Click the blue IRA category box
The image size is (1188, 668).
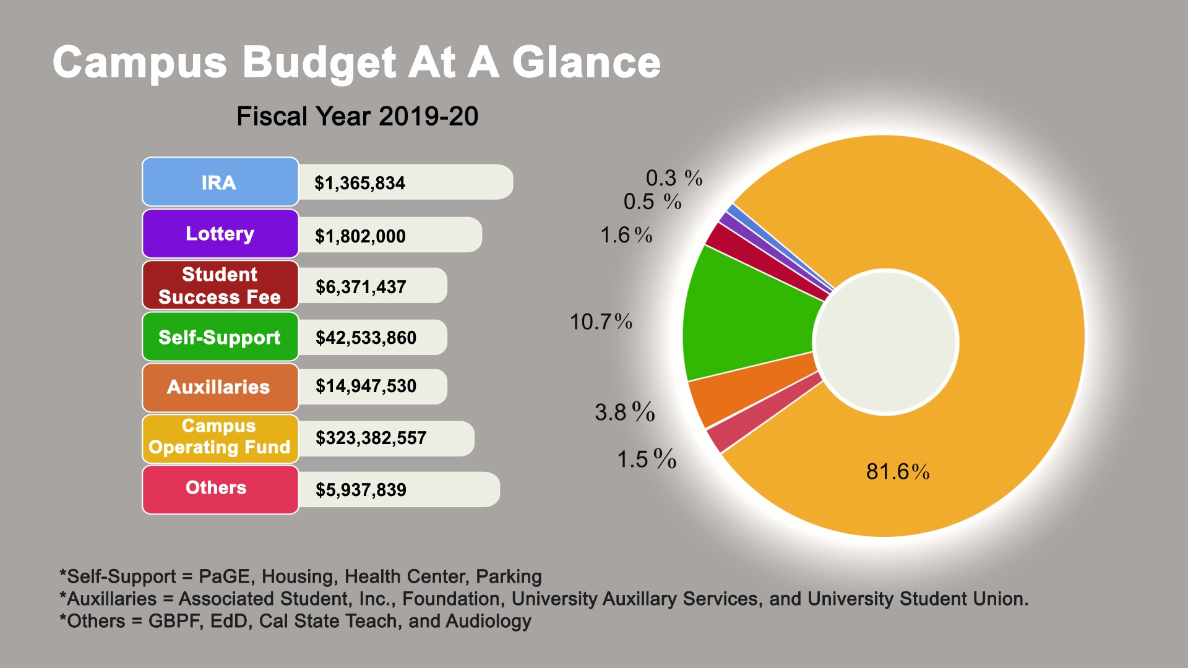click(220, 182)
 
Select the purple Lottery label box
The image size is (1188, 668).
click(220, 234)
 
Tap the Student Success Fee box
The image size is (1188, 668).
click(220, 285)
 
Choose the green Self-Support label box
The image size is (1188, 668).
click(220, 337)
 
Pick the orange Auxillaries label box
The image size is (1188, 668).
click(220, 388)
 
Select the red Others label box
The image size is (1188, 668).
click(220, 489)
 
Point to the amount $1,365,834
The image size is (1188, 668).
click(359, 183)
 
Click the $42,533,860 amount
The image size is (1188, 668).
click(366, 338)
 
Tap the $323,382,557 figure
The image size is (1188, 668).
click(371, 438)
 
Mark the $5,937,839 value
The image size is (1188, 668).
click(361, 490)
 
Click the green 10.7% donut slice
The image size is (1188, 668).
click(749, 315)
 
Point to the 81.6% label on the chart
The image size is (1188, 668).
click(898, 472)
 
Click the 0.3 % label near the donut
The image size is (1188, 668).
click(674, 178)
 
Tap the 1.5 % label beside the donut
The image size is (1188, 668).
click(647, 459)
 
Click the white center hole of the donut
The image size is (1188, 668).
click(885, 341)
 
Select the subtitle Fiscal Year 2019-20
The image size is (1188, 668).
click(357, 116)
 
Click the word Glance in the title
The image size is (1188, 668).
click(586, 62)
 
